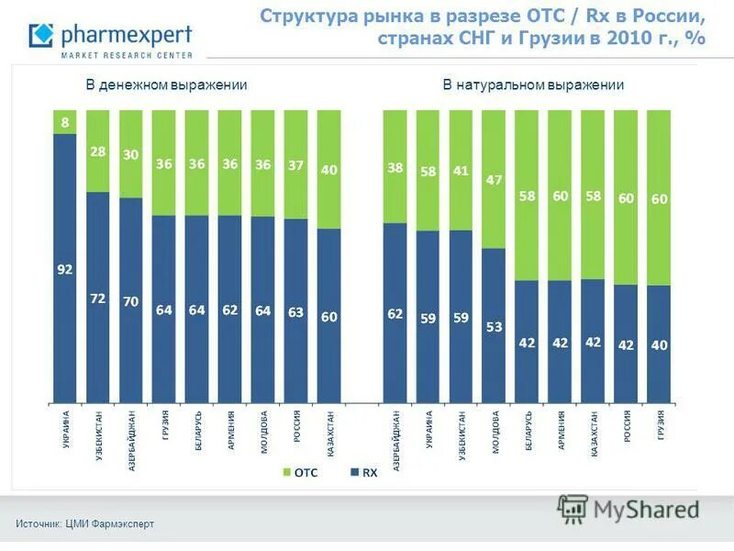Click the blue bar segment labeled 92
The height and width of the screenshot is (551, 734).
pyautogui.click(x=65, y=269)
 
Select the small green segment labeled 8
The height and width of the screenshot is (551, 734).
pyautogui.click(x=65, y=122)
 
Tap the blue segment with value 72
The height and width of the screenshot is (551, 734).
pyautogui.click(x=98, y=298)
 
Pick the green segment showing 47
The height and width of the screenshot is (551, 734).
pyautogui.click(x=494, y=180)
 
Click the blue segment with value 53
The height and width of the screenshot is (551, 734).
pyautogui.click(x=494, y=326)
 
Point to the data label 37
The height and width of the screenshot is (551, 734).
pyautogui.click(x=295, y=165)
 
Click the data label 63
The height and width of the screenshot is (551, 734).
pyautogui.click(x=295, y=312)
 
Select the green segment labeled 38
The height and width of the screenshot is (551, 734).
pyautogui.click(x=395, y=167)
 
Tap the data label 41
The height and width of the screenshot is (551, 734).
pyautogui.click(x=461, y=170)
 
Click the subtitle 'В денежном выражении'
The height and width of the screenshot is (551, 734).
pyautogui.click(x=167, y=85)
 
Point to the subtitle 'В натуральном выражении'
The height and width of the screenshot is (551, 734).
pyautogui.click(x=533, y=85)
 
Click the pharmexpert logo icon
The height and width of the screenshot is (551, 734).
pyautogui.click(x=41, y=37)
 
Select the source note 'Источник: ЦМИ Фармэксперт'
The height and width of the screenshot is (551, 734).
pyautogui.click(x=84, y=523)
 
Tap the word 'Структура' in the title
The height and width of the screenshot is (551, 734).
pyautogui.click(x=306, y=17)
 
